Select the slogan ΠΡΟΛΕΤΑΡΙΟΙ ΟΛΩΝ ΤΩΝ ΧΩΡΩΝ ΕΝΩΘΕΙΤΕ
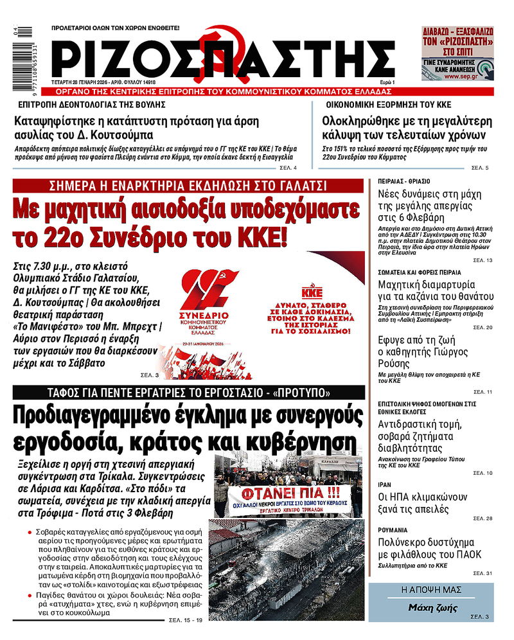click(x=116, y=28)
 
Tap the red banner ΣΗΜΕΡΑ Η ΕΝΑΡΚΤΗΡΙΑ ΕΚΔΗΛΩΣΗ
click(x=189, y=186)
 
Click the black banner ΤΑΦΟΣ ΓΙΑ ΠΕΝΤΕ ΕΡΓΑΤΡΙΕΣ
click(x=189, y=393)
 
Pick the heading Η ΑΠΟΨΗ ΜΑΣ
click(x=431, y=589)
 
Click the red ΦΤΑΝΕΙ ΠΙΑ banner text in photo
click(x=285, y=494)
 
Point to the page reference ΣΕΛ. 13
click(x=483, y=260)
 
